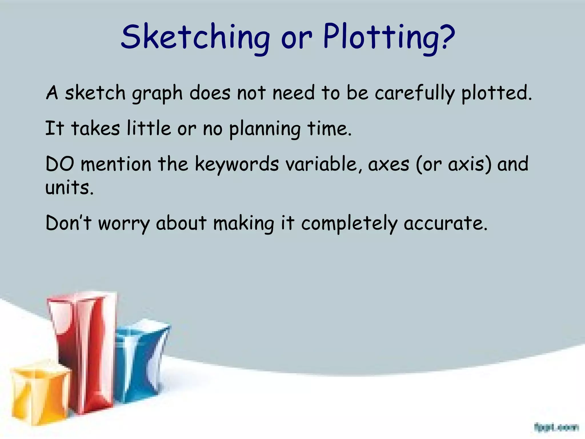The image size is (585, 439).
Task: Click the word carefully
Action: pyautogui.click(x=414, y=94)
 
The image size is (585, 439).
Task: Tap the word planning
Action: pyautogui.click(x=265, y=129)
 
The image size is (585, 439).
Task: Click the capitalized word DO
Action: pyautogui.click(x=60, y=164)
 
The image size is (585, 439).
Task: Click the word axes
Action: pyautogui.click(x=389, y=165)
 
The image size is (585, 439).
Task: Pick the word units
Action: pyautogui.click(x=69, y=188)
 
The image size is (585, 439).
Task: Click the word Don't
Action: pyautogui.click(x=68, y=223)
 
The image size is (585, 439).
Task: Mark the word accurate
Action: pyautogui.click(x=445, y=223)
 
